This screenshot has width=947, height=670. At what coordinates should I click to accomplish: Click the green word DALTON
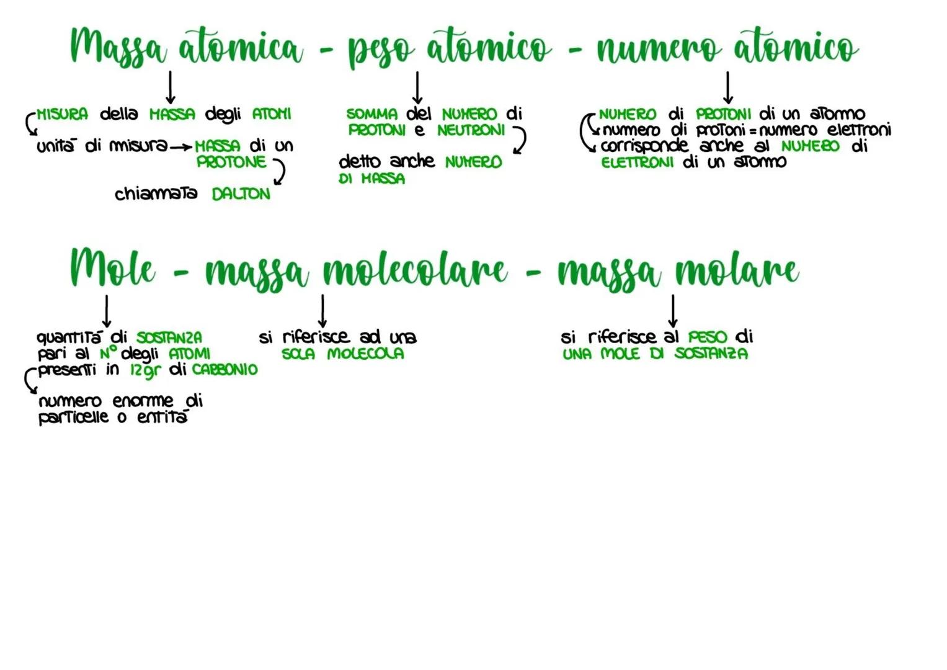pos(241,194)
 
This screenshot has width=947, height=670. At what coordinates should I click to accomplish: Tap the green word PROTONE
pos(231,162)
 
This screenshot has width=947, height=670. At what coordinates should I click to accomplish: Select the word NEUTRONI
pos(471,130)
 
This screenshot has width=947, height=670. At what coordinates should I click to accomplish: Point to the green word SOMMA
pos(372,114)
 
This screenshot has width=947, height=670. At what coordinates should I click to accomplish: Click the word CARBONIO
pos(225,370)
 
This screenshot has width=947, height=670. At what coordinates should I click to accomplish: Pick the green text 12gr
pos(146,370)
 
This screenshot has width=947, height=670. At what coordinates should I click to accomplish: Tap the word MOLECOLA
pos(366,354)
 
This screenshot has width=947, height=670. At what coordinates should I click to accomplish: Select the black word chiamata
pos(156,194)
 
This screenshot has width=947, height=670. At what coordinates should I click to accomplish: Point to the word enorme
pos(143,401)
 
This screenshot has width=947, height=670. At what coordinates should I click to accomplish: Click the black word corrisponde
pos(645,146)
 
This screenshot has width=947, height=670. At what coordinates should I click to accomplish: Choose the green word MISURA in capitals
pos(62,114)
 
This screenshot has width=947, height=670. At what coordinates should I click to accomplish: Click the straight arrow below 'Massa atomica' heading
pos(171,87)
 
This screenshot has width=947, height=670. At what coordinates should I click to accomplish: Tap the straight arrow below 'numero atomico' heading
pos(728,87)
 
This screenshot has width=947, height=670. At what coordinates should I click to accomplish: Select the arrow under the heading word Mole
pos(107,311)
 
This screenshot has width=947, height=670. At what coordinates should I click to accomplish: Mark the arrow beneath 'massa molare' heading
pos(673,311)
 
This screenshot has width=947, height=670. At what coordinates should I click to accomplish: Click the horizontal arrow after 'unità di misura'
pos(181,148)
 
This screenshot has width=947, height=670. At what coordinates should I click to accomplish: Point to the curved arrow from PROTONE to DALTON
pos(279,172)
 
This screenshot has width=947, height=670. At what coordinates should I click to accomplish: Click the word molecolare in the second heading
pos(415,269)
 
